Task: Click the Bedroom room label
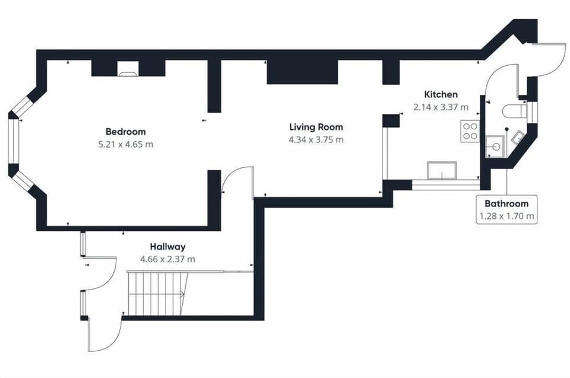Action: point(125,132)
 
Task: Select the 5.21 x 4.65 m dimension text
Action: point(125,144)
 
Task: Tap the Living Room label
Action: point(316,127)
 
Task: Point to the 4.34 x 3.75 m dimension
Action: point(316,139)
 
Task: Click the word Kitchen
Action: point(441,94)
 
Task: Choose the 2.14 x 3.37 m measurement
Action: point(441,107)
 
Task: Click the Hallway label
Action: point(167,246)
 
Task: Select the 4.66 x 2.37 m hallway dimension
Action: point(167,259)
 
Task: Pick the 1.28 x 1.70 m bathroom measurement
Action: point(506,216)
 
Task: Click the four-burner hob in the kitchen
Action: point(470,131)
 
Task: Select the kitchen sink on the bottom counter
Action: point(442,170)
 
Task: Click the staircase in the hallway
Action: point(158,293)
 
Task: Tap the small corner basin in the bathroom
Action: point(517,137)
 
